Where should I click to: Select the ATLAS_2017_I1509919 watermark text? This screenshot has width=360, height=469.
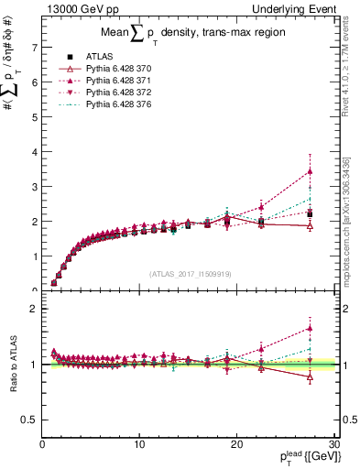[189, 273]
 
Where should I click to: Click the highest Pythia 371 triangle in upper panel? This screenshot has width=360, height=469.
[310, 171]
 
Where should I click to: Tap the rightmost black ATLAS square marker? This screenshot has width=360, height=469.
[310, 214]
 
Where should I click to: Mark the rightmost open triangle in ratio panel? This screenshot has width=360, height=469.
[310, 376]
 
